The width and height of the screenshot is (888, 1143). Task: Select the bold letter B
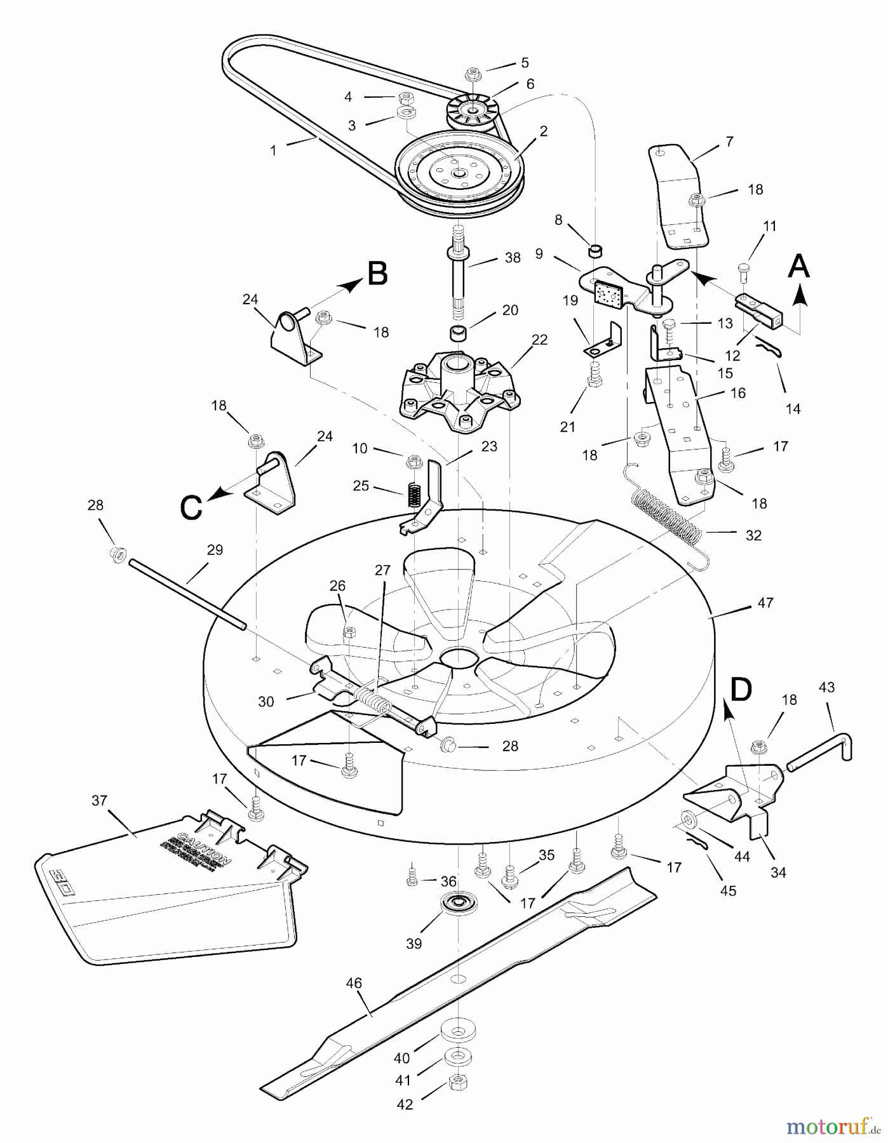(377, 275)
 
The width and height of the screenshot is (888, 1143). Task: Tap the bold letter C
(191, 507)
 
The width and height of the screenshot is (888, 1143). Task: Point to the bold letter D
(741, 689)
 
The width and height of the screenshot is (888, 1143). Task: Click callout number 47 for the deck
(765, 603)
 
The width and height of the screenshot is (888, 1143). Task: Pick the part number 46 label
(354, 984)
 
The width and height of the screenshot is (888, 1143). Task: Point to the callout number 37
(100, 801)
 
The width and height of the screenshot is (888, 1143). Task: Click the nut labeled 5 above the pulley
(473, 74)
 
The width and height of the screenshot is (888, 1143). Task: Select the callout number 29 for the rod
(215, 550)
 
